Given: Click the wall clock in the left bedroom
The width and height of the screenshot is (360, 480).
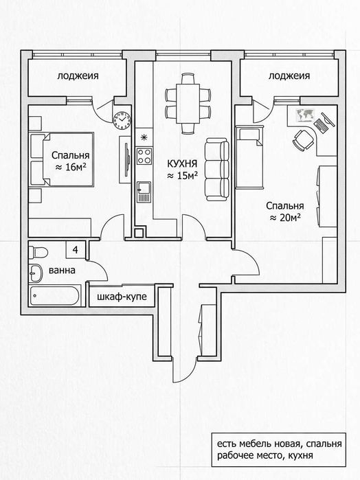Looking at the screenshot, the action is pos(122,120).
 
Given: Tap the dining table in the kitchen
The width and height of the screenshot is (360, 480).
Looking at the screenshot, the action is pos(188,104).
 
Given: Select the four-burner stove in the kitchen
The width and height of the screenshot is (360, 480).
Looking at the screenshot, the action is pos(144,156).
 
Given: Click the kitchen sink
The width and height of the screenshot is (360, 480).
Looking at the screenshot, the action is pos(144,192).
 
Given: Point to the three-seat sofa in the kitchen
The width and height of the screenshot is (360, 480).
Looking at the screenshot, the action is pos(217,170).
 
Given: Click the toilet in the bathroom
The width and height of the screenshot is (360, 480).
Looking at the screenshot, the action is pos(38,252).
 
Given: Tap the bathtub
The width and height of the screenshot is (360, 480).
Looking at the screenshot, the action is pos(55,295).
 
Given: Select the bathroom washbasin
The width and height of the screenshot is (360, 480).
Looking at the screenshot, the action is pos(36,273).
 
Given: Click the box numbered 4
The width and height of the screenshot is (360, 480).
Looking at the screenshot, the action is pos(76,250).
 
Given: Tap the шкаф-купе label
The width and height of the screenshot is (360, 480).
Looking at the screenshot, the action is pos(122,297).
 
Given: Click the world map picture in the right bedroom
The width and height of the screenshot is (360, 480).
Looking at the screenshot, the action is pos(305,115).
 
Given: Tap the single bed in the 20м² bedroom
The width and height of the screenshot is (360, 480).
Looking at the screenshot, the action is pos(249,157).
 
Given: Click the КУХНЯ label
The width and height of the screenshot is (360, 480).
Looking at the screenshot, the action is pos(182,163).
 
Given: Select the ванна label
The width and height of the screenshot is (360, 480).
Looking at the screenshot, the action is pos(62,271).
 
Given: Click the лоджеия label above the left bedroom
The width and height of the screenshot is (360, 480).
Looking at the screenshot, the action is pos(78,76).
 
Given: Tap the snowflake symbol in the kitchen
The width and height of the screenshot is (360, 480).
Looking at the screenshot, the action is pos(143,137).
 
